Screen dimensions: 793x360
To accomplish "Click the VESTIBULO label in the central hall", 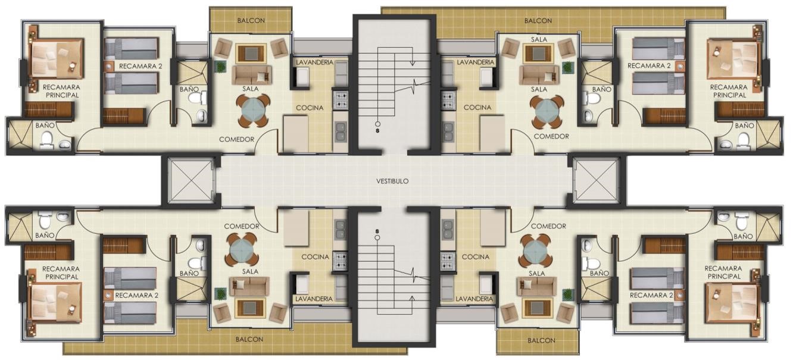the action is (x=392, y=181).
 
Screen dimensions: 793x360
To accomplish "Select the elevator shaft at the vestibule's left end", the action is (x=191, y=180).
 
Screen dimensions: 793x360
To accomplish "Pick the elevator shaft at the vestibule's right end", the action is (x=596, y=180).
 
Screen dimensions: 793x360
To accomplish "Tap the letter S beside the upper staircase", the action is (x=377, y=131).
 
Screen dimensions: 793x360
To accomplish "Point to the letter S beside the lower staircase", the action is (x=377, y=231).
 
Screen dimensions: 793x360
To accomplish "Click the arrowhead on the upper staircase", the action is (x=413, y=63).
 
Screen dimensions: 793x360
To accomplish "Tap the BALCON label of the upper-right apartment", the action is (x=538, y=21).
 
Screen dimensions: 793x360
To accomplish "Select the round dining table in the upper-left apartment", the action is (x=253, y=111).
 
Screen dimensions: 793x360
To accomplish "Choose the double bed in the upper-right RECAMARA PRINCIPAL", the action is (x=733, y=59).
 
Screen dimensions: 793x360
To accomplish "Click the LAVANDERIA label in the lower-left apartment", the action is (x=314, y=299).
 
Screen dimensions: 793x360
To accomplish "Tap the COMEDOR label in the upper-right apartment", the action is (x=551, y=136).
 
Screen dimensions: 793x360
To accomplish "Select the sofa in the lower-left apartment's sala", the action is (x=249, y=287).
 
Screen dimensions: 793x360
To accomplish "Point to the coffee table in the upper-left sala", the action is (x=251, y=54).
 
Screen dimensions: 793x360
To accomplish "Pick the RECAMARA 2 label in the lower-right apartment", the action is (x=651, y=295).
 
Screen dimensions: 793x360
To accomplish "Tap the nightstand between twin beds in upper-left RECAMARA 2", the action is (x=109, y=66).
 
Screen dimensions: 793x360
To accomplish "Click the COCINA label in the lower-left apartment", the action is (x=315, y=257).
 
